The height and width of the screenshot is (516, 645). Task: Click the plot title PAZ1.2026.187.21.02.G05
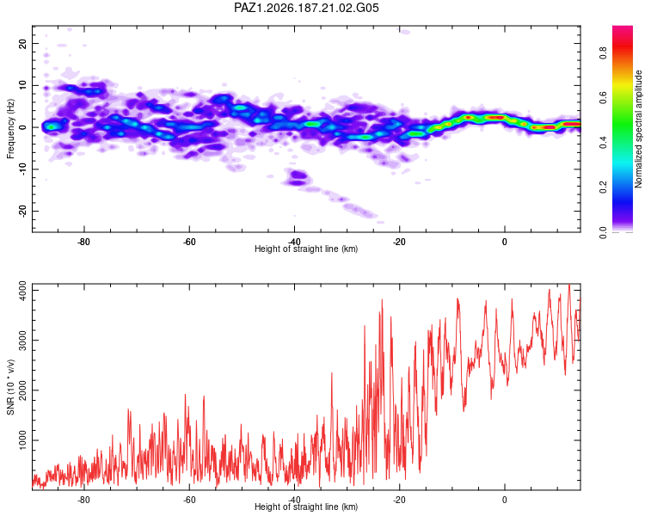click(x=306, y=8)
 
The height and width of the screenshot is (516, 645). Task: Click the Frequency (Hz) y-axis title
click(x=10, y=129)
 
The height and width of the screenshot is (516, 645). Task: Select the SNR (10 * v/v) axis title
click(x=10, y=387)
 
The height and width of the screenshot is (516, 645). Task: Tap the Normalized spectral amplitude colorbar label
click(x=638, y=129)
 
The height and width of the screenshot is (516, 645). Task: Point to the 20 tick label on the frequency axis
click(x=22, y=44)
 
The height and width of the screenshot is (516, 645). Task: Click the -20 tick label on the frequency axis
click(x=22, y=211)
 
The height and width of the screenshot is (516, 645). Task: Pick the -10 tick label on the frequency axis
click(x=22, y=169)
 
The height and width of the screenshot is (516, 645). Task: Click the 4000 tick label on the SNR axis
click(x=22, y=290)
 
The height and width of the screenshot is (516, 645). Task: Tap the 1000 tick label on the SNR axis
click(x=22, y=440)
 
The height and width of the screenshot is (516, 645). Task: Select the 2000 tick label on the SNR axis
click(x=22, y=390)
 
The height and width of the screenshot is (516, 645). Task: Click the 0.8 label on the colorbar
click(x=603, y=52)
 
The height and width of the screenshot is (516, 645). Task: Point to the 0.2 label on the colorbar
click(x=603, y=187)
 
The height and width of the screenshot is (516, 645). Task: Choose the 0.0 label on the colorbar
click(x=603, y=232)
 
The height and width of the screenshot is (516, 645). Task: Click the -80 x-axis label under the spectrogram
click(x=84, y=242)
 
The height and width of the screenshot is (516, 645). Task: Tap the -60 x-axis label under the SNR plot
click(x=189, y=500)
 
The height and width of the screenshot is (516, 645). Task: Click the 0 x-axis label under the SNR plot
click(x=504, y=500)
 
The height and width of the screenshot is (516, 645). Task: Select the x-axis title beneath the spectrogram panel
click(x=306, y=249)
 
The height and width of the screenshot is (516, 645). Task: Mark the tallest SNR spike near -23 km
click(x=382, y=300)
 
